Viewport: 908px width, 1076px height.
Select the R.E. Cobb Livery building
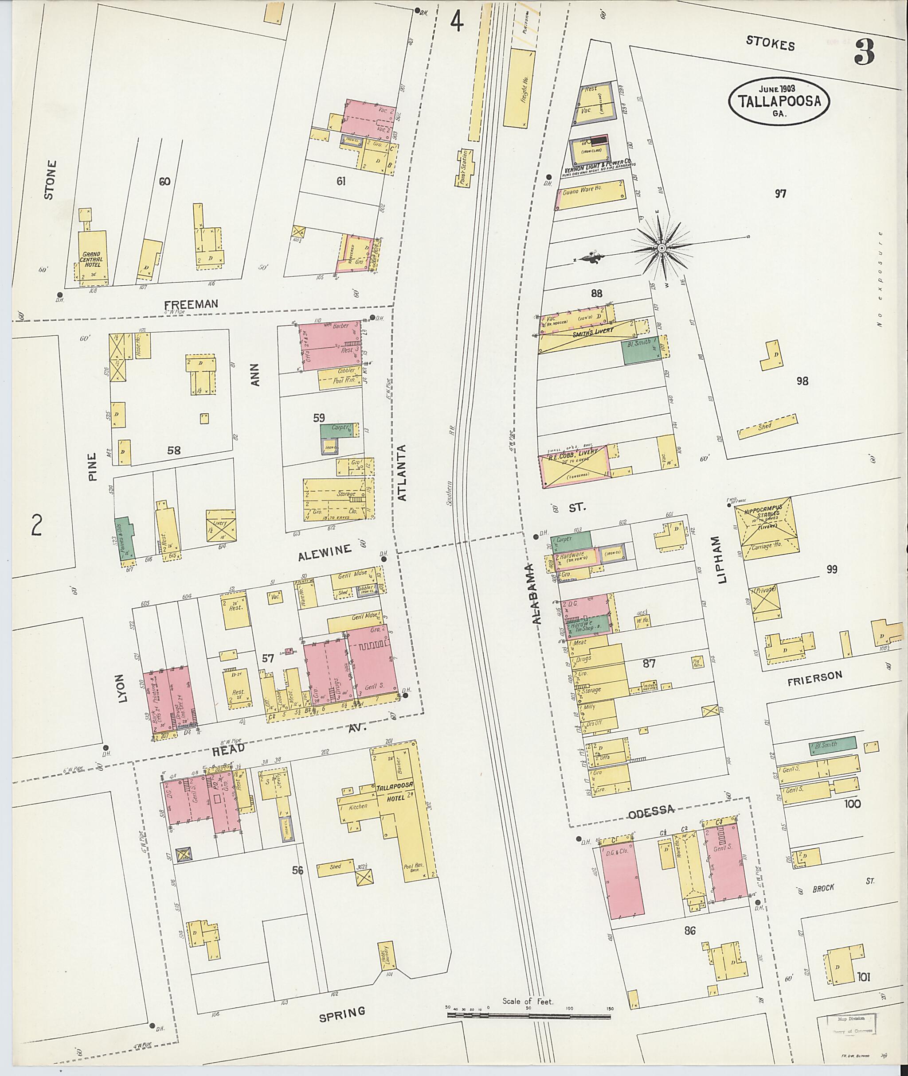(573, 464)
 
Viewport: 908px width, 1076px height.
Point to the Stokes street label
(770, 45)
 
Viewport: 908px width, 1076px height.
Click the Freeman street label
(191, 304)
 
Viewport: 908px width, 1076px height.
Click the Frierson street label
(815, 678)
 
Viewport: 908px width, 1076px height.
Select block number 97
(780, 194)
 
